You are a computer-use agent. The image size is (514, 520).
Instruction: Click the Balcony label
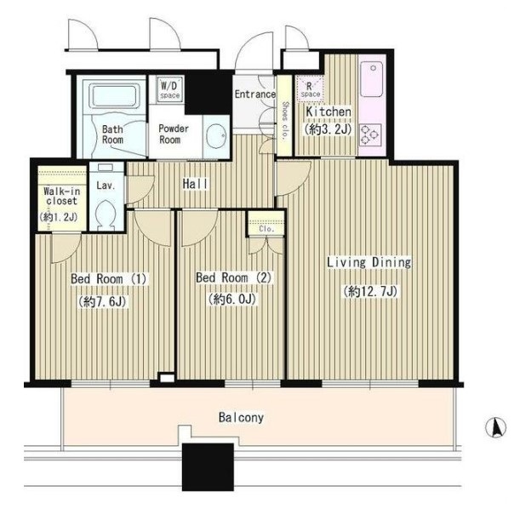tap(241, 418)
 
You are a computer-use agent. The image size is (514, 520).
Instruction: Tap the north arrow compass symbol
tap(495, 427)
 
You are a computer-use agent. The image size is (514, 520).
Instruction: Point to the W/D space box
tap(170, 89)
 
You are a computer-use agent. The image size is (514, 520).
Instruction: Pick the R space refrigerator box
tap(310, 88)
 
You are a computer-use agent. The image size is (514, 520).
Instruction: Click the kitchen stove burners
tap(370, 135)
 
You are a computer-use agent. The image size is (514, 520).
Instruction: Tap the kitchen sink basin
tap(372, 79)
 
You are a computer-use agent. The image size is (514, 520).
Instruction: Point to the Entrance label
tap(255, 94)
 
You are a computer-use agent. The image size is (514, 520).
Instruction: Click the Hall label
tap(196, 184)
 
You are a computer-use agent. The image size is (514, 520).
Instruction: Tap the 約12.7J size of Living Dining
tap(370, 292)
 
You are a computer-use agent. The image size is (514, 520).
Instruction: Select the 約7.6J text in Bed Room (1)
tap(102, 302)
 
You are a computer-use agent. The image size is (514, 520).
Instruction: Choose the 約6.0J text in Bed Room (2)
tap(232, 300)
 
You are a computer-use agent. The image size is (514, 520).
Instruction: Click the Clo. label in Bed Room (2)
tap(266, 229)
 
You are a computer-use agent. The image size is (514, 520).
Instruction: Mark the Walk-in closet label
tap(61, 196)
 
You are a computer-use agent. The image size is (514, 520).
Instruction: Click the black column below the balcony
tap(208, 466)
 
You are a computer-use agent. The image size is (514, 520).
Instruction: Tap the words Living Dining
tap(369, 263)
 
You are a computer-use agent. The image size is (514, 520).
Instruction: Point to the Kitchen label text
tap(328, 111)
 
